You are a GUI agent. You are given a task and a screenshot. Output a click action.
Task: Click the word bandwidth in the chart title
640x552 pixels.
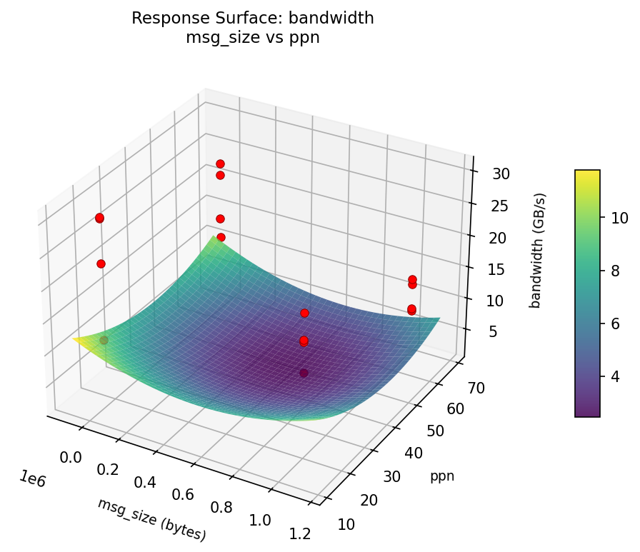tap(339, 19)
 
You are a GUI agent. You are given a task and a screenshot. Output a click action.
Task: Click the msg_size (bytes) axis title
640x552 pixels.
tap(151, 519)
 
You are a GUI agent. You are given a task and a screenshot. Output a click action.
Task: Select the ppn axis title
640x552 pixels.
tap(442, 476)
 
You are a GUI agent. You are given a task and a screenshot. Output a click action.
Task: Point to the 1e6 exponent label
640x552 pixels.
tap(31, 480)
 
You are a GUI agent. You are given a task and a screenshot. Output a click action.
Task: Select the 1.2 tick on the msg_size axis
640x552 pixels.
tap(299, 533)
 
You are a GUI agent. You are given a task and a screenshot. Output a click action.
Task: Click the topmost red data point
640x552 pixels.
tap(220, 164)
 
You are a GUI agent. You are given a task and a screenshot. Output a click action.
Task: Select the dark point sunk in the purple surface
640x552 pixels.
tap(304, 373)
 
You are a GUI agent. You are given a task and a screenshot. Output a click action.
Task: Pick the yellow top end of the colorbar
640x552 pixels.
tap(587, 174)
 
